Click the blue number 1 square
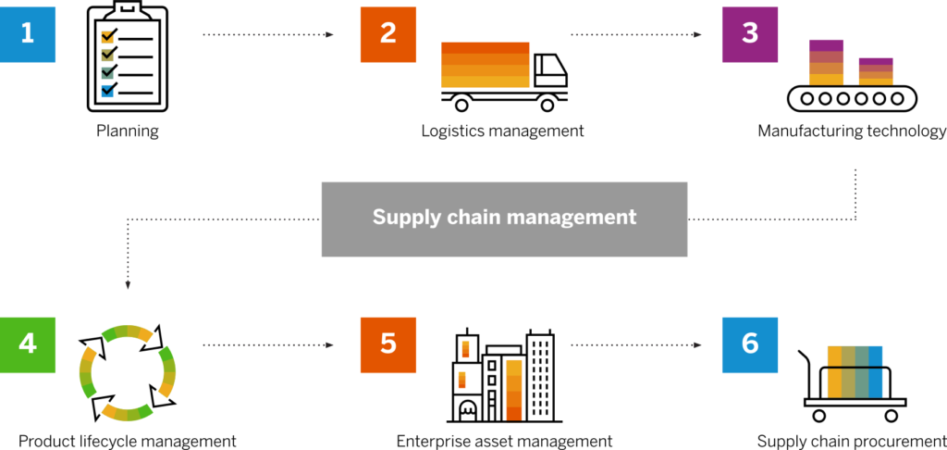click(27, 34)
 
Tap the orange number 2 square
click(388, 34)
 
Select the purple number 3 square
click(750, 34)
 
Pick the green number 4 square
click(27, 344)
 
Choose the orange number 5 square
click(388, 344)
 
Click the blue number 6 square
click(750, 344)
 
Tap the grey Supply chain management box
click(504, 219)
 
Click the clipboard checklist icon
click(128, 57)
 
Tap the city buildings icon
click(504, 376)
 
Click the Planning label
click(128, 131)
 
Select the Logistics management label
click(502, 131)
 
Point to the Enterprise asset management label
click(504, 441)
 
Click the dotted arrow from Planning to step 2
click(267, 35)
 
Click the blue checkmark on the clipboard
click(109, 89)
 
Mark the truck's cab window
click(547, 65)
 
